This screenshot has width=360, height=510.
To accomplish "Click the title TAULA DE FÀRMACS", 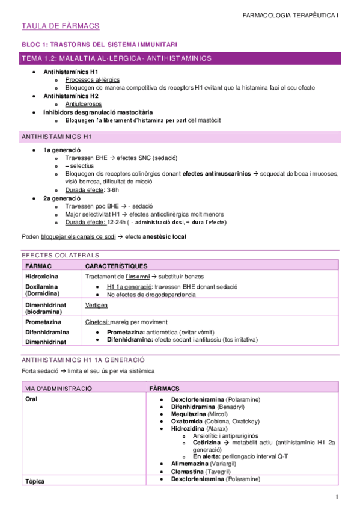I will [60, 26].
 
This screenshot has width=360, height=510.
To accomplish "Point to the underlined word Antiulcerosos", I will [84, 104].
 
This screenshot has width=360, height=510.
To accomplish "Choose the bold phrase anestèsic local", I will [164, 236].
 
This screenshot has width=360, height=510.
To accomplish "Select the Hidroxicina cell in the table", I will [43, 276].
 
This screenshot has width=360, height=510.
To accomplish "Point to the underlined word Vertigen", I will [96, 305].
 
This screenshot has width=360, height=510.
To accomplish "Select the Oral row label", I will [32, 399].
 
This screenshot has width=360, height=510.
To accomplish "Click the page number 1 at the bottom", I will [337, 497].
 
